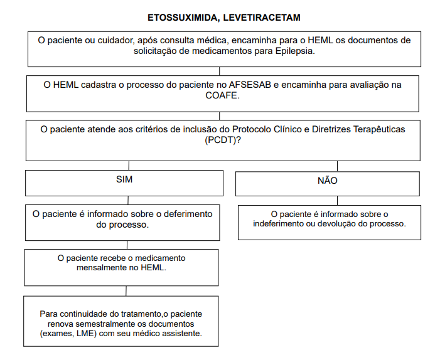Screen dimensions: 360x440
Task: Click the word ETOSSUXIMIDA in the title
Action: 181,18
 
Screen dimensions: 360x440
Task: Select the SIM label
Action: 124,179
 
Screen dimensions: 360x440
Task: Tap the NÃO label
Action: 328,181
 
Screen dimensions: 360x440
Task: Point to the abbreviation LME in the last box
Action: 95,334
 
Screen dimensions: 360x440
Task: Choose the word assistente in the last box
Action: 182,334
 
